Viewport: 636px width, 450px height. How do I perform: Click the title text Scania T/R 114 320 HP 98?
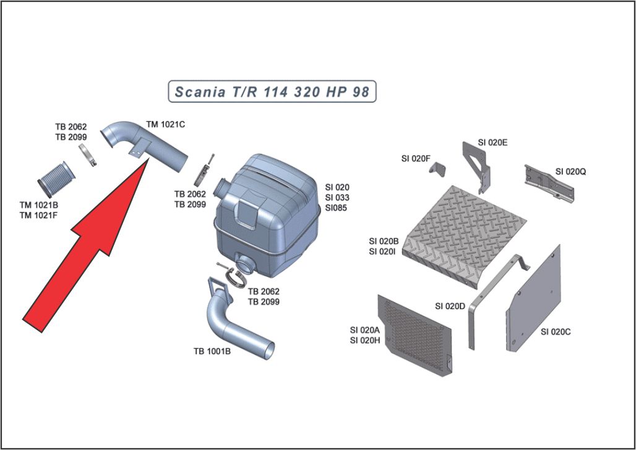(x=272, y=92)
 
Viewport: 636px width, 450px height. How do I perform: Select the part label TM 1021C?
(x=165, y=124)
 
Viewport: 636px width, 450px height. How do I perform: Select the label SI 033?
(x=337, y=197)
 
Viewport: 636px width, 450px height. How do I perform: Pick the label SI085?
(x=336, y=208)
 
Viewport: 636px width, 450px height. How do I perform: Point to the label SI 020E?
(x=492, y=142)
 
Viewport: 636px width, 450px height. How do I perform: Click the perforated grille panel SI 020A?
(x=413, y=334)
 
